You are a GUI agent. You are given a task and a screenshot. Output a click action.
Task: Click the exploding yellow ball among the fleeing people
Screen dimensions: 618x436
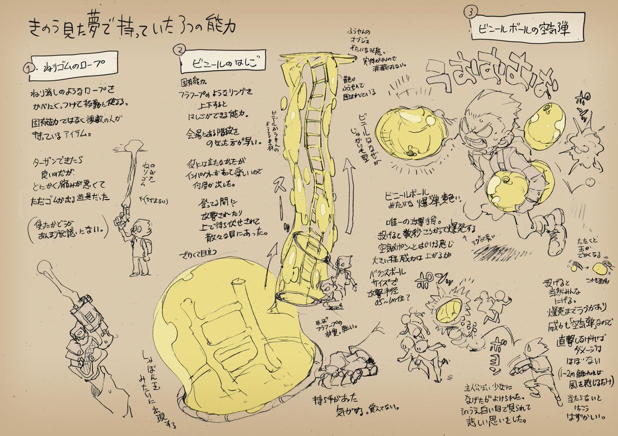click(x=446, y=313)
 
